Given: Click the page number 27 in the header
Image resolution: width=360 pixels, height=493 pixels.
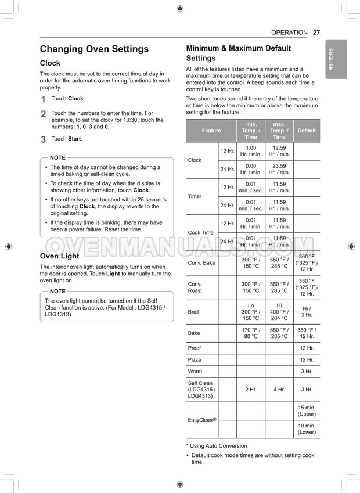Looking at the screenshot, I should tap(316, 33).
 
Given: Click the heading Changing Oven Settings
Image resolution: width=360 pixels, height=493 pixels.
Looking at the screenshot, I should tap(94, 49).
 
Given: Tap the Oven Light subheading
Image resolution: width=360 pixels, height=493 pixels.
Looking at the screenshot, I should tap(59, 256).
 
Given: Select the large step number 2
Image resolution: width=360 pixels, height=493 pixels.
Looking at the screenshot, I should tap(43, 114).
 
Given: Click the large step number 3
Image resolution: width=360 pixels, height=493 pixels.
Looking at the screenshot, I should tap(43, 139).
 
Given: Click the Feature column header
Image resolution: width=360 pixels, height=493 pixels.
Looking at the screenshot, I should tap(211, 131).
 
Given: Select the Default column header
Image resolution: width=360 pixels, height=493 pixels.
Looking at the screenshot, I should tap(307, 131).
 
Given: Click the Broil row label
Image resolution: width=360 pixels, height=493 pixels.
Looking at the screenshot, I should tap(193, 312).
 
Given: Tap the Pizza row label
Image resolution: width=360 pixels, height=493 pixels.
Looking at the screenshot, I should tap(194, 359).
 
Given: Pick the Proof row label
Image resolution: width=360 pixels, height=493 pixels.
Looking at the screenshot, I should tap(195, 348).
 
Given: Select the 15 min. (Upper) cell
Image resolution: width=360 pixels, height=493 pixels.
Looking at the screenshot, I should tap(307, 411).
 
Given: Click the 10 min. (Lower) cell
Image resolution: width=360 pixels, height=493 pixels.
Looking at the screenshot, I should tap(307, 429).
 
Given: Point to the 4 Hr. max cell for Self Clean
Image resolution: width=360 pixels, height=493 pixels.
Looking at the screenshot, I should tap(279, 390).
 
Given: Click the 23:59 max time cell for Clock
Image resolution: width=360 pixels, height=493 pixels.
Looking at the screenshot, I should tap(279, 169).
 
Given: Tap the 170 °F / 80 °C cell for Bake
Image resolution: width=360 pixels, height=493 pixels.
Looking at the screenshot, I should tap(251, 333).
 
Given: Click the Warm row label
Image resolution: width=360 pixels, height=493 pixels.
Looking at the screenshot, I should tap(194, 371).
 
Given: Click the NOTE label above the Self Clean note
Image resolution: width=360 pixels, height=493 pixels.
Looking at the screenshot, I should tap(57, 291).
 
